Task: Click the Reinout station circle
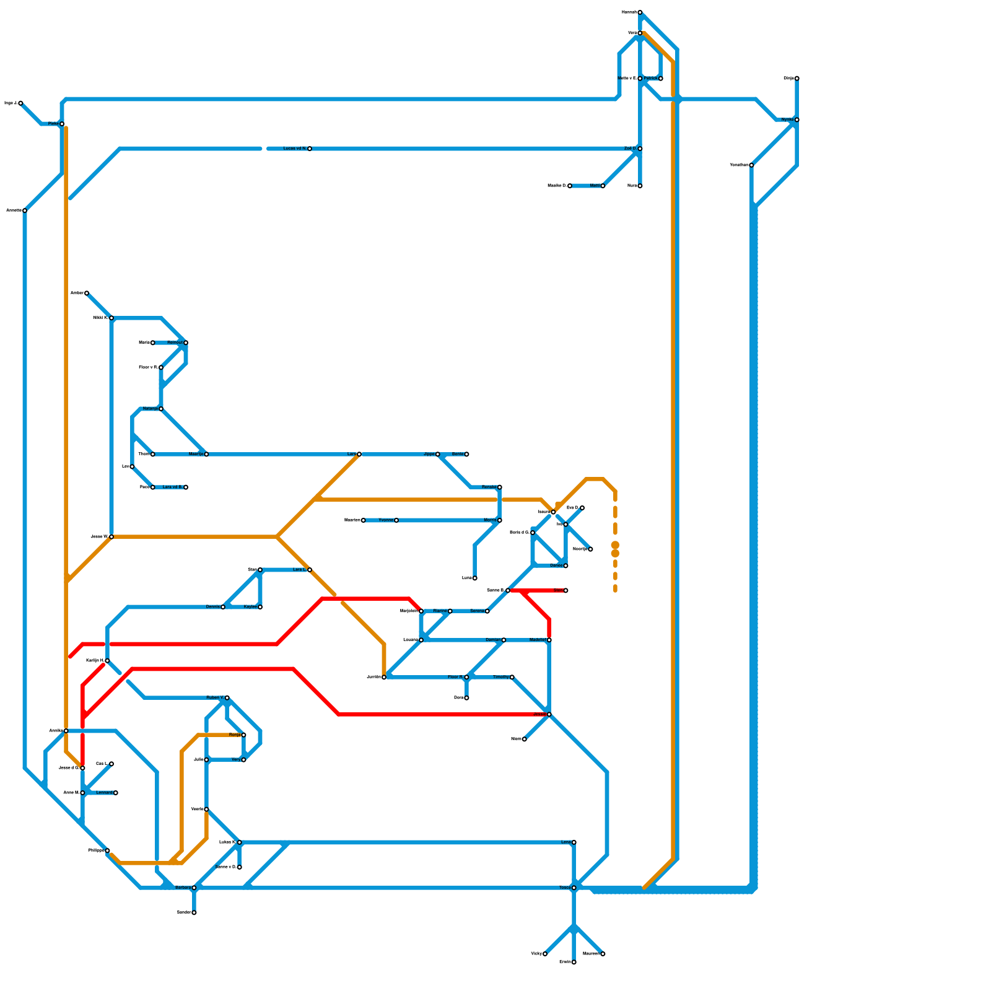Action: [x=186, y=343]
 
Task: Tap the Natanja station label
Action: [x=151, y=409]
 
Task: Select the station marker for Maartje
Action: [x=206, y=455]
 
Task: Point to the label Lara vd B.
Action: [x=172, y=487]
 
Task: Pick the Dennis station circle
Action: [x=223, y=607]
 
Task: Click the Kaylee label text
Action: [x=250, y=607]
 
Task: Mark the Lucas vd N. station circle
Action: [x=310, y=149]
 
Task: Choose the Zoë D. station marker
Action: [x=640, y=149]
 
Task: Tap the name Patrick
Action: [x=650, y=79]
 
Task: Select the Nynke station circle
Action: [x=797, y=120]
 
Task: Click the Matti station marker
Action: [x=603, y=186]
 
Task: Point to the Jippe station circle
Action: [x=438, y=455]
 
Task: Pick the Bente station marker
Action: [x=466, y=455]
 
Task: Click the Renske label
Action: [x=489, y=487]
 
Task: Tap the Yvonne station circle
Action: [x=396, y=520]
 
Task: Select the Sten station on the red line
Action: [x=565, y=591]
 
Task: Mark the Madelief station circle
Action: [x=549, y=640]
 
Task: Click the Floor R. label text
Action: [x=455, y=678]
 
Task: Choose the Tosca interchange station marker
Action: [x=574, y=888]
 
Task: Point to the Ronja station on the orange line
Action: [x=243, y=735]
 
